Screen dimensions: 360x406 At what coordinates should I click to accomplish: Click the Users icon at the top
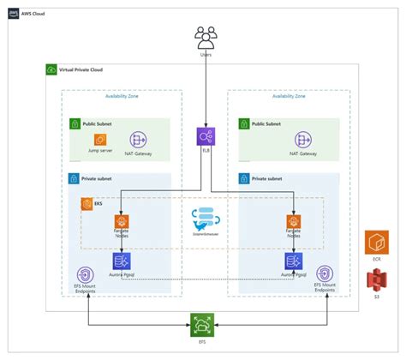(206, 37)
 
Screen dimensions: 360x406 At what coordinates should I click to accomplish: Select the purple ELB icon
(206, 136)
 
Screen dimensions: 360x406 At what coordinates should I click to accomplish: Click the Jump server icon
(100, 139)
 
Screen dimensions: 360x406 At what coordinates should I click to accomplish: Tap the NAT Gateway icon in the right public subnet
(302, 139)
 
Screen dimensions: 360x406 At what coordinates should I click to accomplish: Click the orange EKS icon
(87, 204)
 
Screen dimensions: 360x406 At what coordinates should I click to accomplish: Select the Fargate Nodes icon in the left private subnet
(121, 222)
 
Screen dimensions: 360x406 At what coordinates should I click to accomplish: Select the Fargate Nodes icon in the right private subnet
(293, 222)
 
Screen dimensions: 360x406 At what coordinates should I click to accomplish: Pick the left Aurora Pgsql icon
(121, 261)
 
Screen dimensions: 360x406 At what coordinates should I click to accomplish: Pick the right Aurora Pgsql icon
(293, 261)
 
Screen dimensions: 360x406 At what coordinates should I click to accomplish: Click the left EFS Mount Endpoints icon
(85, 274)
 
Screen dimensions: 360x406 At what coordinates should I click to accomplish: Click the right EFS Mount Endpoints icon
(325, 274)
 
